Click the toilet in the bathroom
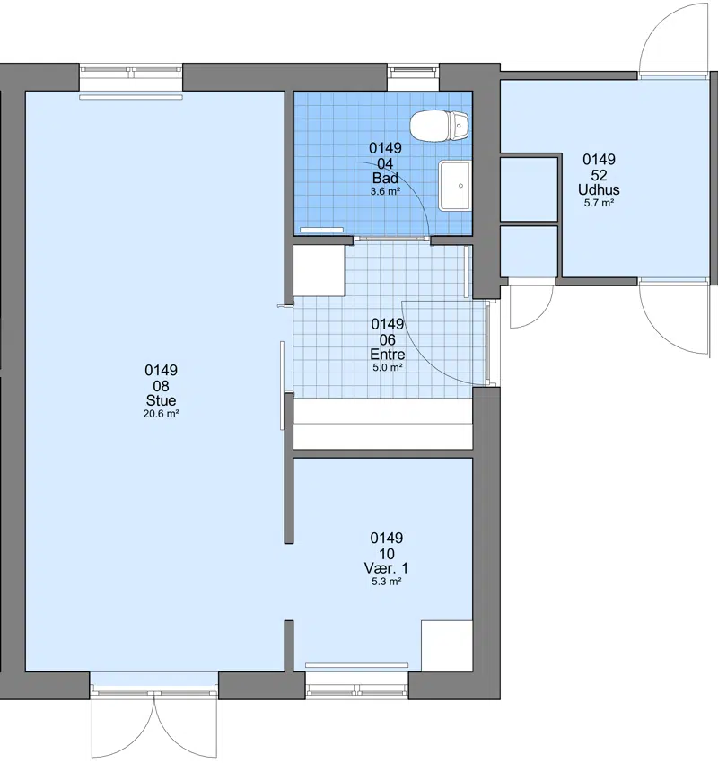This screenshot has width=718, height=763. [x=439, y=126]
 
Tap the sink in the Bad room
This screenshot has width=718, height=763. [x=455, y=186]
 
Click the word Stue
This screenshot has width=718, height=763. [x=161, y=400]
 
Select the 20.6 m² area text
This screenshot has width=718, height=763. [x=161, y=414]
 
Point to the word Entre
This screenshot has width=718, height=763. [x=388, y=355]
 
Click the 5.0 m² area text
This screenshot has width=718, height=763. [x=388, y=367]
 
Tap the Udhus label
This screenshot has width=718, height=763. [x=599, y=189]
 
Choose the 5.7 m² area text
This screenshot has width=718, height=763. [x=599, y=203]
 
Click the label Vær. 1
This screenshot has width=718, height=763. [x=386, y=568]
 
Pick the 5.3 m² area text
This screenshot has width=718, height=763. [x=386, y=582]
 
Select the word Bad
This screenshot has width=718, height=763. [x=385, y=178]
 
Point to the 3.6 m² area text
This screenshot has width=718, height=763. [x=385, y=191]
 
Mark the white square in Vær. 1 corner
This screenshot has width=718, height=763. [x=447, y=646]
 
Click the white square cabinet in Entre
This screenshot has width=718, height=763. [x=319, y=271]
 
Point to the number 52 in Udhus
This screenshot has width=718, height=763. [x=599, y=175]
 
